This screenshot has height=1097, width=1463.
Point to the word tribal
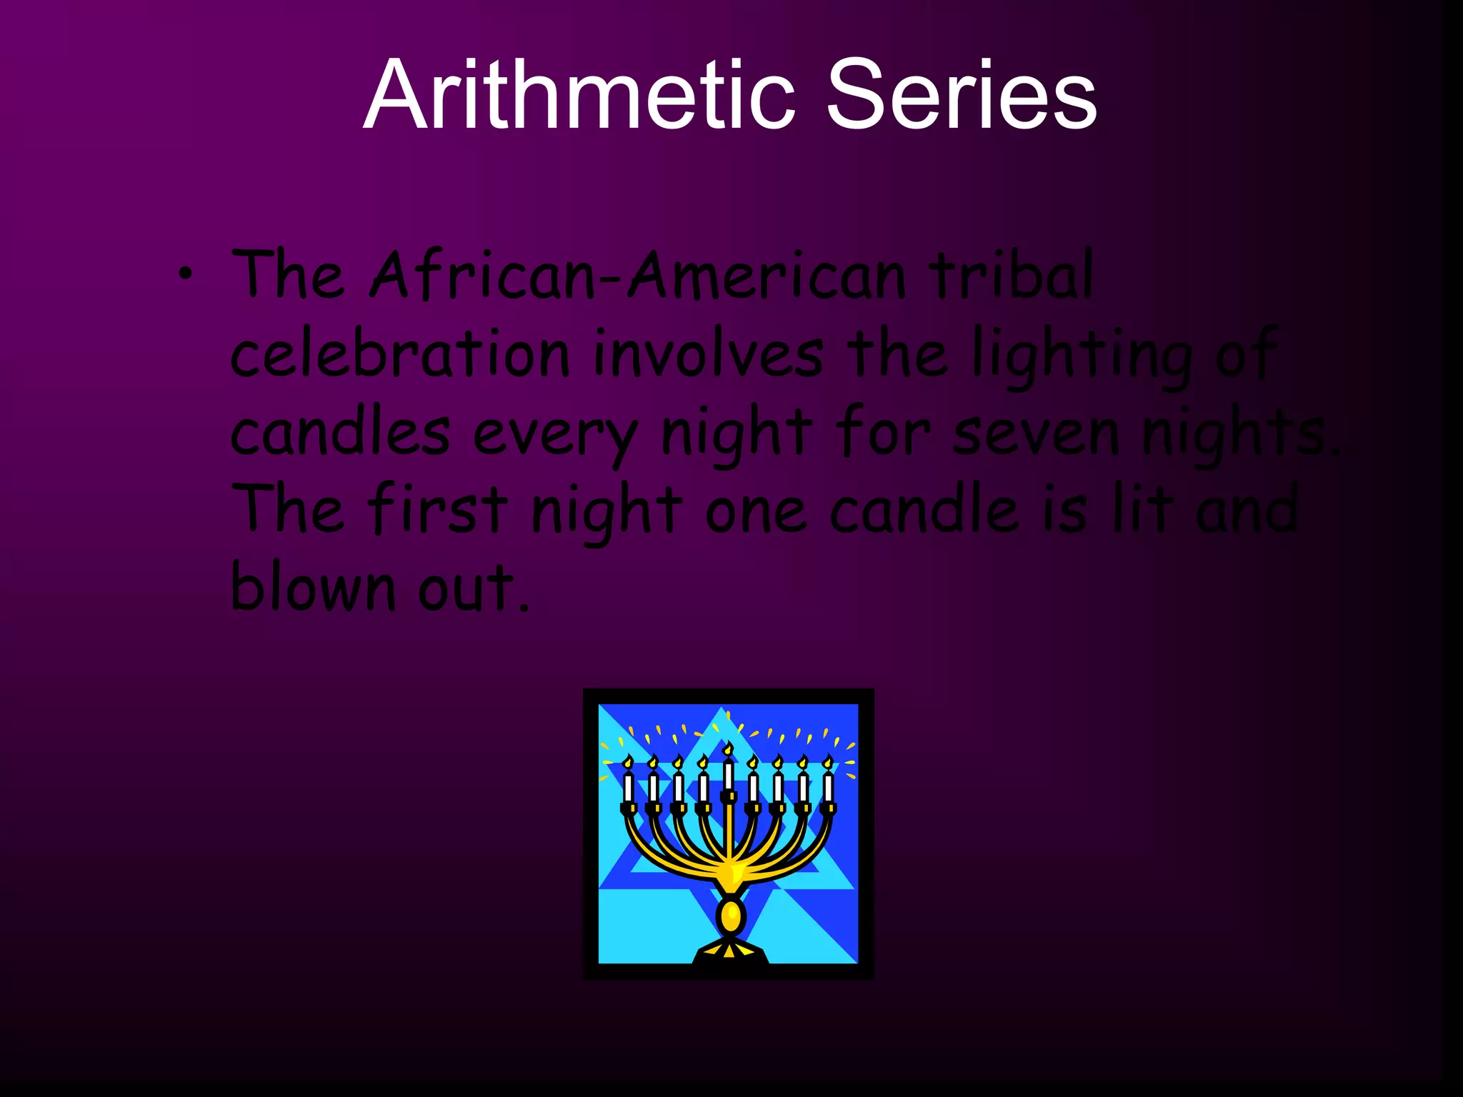[x=1010, y=275]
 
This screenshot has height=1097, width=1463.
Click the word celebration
[x=400, y=353]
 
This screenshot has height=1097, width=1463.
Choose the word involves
[x=708, y=353]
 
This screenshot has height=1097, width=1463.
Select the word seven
[x=1035, y=433]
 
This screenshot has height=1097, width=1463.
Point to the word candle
[x=924, y=509]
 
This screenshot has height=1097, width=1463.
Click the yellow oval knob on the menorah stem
[x=730, y=916]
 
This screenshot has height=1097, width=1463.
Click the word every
[x=554, y=433]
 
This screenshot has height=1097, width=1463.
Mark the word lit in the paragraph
[x=1142, y=509]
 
